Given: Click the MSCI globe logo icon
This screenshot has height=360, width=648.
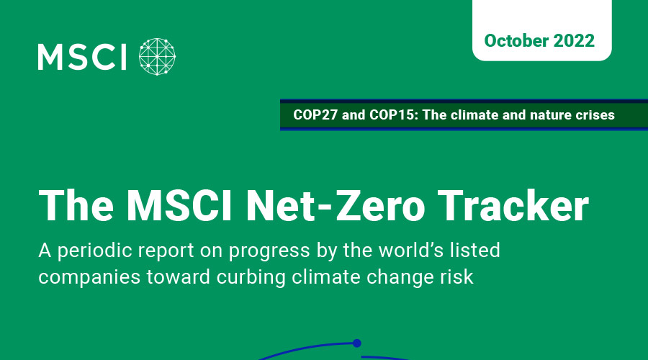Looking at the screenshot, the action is coord(157,57).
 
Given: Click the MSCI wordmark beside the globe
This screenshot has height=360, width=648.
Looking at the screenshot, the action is coord(82,57).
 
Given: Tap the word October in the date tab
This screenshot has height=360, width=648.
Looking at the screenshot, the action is coord(516,40).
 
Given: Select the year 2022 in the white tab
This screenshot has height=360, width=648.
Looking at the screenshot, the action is coord(574,40).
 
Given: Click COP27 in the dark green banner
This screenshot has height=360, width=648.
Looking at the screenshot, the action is coord(315,115).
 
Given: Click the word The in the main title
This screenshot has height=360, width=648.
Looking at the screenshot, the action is coord(76,206).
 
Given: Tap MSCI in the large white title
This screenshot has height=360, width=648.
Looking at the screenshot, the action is coord(179,206).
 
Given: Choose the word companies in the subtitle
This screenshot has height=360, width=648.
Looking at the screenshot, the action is coord(89,278).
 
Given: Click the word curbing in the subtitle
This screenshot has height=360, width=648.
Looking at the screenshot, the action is coord(251,278).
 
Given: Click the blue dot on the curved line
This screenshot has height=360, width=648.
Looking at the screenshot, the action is coord(357,343).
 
